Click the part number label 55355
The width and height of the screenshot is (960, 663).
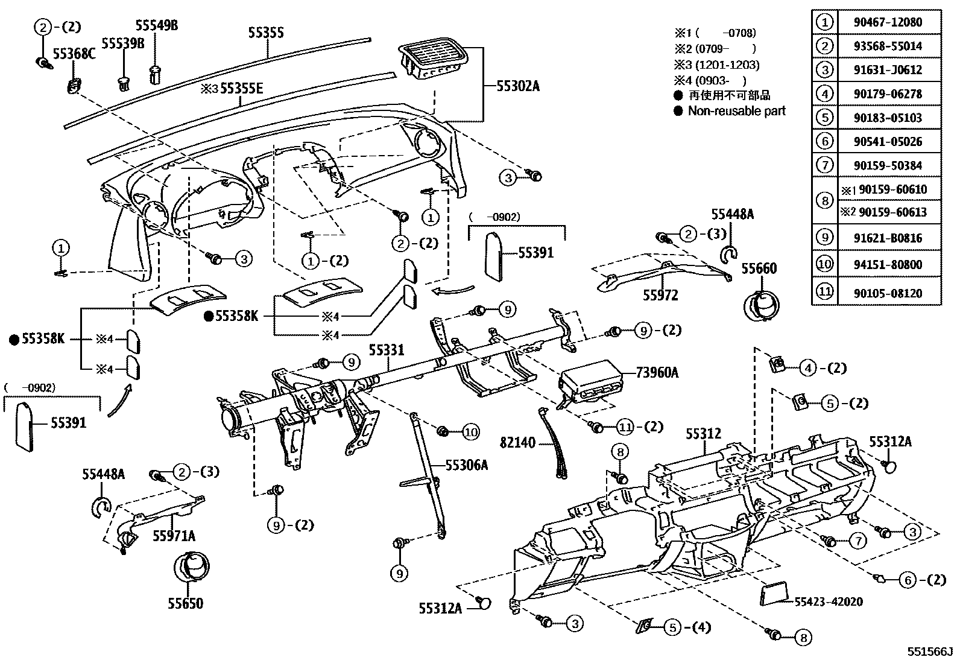click(x=266, y=33)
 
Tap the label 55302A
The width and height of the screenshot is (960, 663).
click(x=518, y=86)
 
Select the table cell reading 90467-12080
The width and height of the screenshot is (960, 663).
click(x=888, y=22)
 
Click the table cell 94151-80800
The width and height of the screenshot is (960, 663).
click(x=888, y=264)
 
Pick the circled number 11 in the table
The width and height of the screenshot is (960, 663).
click(x=824, y=293)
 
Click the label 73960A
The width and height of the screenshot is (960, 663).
click(x=657, y=373)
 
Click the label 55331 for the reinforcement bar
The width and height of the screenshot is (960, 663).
click(x=387, y=350)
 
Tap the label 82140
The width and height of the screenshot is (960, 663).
click(x=517, y=443)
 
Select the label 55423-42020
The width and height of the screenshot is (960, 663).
click(x=828, y=601)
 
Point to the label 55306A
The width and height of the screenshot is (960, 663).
click(x=467, y=465)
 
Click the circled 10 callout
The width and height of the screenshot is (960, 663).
click(x=470, y=432)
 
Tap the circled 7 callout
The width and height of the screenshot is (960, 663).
click(x=857, y=541)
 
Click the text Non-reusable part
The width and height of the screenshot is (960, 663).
click(x=736, y=111)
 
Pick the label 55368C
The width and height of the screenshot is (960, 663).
click(x=75, y=54)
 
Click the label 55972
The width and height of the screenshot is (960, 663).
click(x=660, y=296)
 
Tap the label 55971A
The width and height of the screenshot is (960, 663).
click(x=174, y=536)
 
